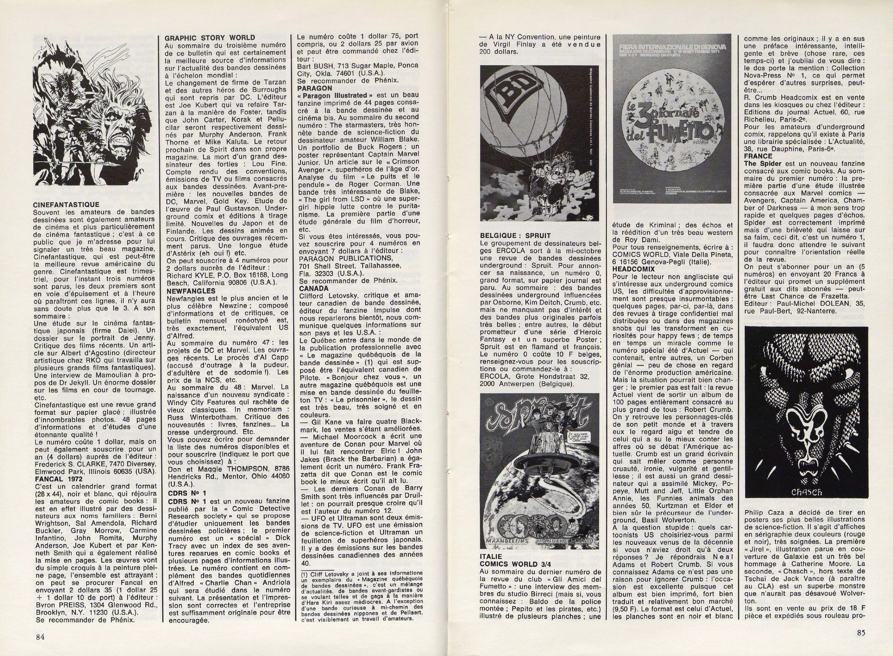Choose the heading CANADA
pos(311,277)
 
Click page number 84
pos(40,636)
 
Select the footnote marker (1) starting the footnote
pos(304,584)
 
